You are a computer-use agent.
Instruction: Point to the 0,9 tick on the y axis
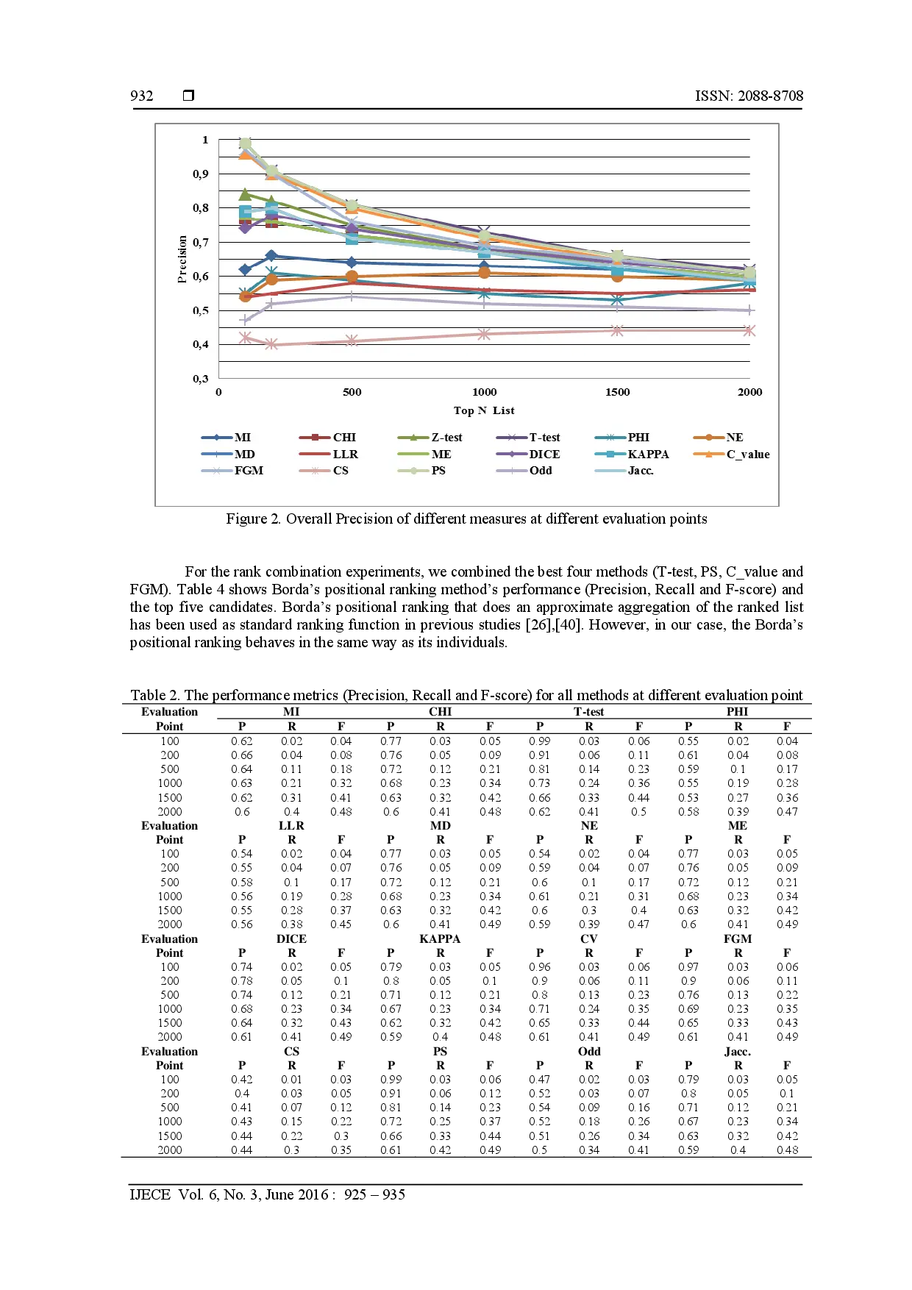[x=201, y=174]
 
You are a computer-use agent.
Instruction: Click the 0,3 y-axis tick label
[x=201, y=379]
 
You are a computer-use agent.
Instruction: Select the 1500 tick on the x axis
[x=617, y=392]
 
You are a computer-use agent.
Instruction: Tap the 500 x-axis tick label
[x=352, y=392]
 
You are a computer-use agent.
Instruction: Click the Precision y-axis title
[x=182, y=259]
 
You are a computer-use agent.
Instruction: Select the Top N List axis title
[x=484, y=410]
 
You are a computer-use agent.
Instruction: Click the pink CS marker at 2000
[x=749, y=331]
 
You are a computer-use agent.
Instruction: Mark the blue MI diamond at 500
[x=352, y=263]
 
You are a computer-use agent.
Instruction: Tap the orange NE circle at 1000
[x=484, y=273]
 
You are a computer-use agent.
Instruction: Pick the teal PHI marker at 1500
[x=617, y=300]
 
